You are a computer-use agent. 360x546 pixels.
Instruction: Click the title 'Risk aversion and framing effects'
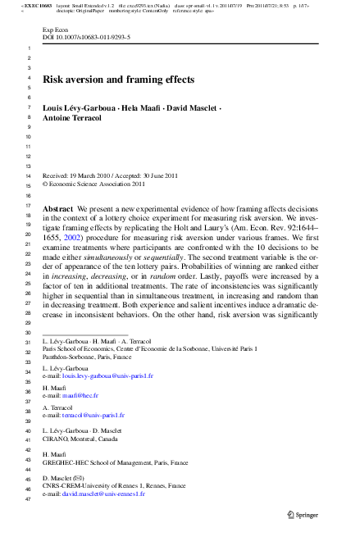(x=118, y=80)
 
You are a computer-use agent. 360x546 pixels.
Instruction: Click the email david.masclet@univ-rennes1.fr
(x=107, y=496)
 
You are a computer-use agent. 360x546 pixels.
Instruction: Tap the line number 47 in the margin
(x=29, y=499)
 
